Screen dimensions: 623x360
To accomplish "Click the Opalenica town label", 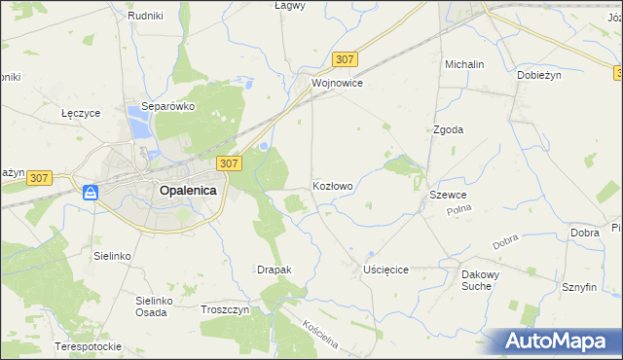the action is coord(187,192).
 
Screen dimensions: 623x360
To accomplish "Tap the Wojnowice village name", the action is coord(338,84).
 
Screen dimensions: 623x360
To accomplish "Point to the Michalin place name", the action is coord(464,64).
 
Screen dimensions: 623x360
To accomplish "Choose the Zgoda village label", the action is coord(448,129).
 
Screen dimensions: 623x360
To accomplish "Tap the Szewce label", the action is coord(448,196).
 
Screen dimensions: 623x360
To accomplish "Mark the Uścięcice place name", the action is coord(385,269).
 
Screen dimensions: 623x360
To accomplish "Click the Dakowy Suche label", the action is coord(481,280).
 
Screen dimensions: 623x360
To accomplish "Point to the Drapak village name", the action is coord(274,269).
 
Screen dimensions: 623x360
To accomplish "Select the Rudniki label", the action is coord(144,17).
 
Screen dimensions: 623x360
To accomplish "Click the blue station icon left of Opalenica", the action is coord(90,193).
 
